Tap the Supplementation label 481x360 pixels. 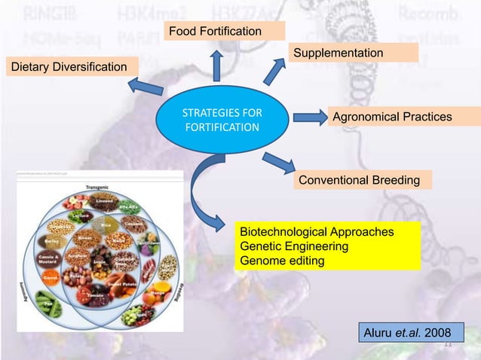[354, 52]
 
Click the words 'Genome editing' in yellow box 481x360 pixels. [282, 261]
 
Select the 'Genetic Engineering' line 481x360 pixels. [293, 246]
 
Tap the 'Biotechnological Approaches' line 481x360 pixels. [316, 232]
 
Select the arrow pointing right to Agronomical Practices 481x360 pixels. [308, 117]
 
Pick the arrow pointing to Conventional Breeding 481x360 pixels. [278, 160]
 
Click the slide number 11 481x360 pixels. [447, 343]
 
